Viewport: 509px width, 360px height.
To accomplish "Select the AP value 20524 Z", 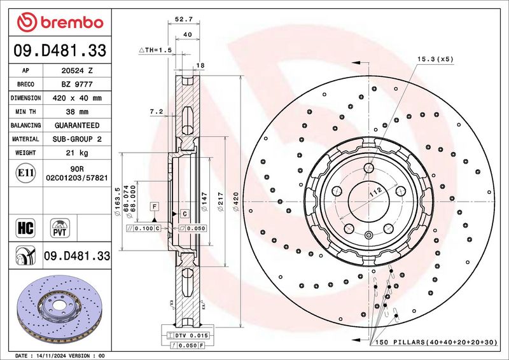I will (74, 71).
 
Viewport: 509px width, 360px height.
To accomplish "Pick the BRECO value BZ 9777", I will (74, 85).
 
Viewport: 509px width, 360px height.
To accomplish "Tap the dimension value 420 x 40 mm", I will (74, 99).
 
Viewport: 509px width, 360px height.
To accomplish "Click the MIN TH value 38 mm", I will (74, 112).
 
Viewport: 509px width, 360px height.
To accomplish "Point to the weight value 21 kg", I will (74, 153).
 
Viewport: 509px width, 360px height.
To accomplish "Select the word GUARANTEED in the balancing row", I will (74, 125).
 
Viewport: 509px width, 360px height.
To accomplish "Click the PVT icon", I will (60, 227).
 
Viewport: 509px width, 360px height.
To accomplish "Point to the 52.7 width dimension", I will (184, 20).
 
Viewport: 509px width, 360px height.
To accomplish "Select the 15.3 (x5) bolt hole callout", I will (435, 59).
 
